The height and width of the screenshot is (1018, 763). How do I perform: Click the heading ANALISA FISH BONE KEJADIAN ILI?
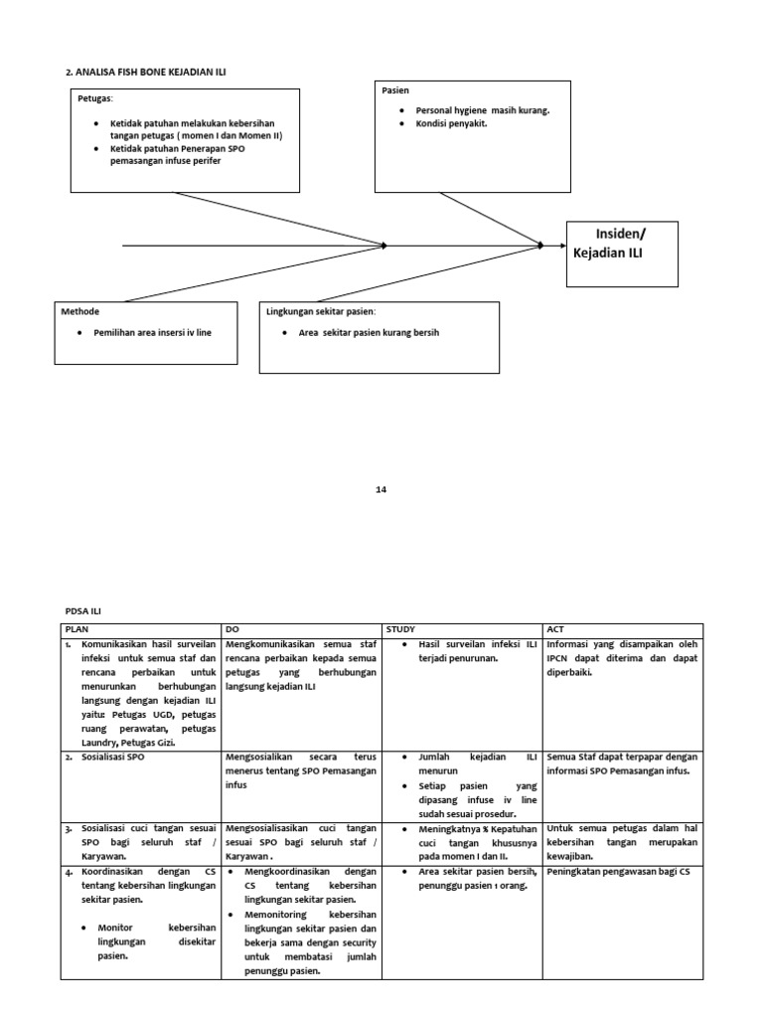(x=152, y=73)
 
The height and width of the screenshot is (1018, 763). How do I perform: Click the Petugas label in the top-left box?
(x=95, y=98)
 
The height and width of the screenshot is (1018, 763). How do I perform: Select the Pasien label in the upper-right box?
(x=395, y=90)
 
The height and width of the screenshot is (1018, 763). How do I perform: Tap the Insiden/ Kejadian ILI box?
(x=622, y=254)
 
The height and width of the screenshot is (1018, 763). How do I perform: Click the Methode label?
(x=81, y=311)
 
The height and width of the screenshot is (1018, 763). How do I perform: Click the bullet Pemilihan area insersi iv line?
(x=152, y=332)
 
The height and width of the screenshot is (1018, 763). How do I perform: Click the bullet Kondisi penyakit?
(x=452, y=124)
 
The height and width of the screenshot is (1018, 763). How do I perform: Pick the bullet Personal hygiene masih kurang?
(x=482, y=110)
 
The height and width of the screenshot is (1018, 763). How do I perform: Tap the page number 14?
(x=381, y=489)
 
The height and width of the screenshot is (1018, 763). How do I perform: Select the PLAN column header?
(x=77, y=629)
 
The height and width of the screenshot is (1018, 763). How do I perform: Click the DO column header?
(x=232, y=629)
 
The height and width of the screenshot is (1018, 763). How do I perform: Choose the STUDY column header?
(x=401, y=629)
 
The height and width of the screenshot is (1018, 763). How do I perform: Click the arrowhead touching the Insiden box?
(x=539, y=245)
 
